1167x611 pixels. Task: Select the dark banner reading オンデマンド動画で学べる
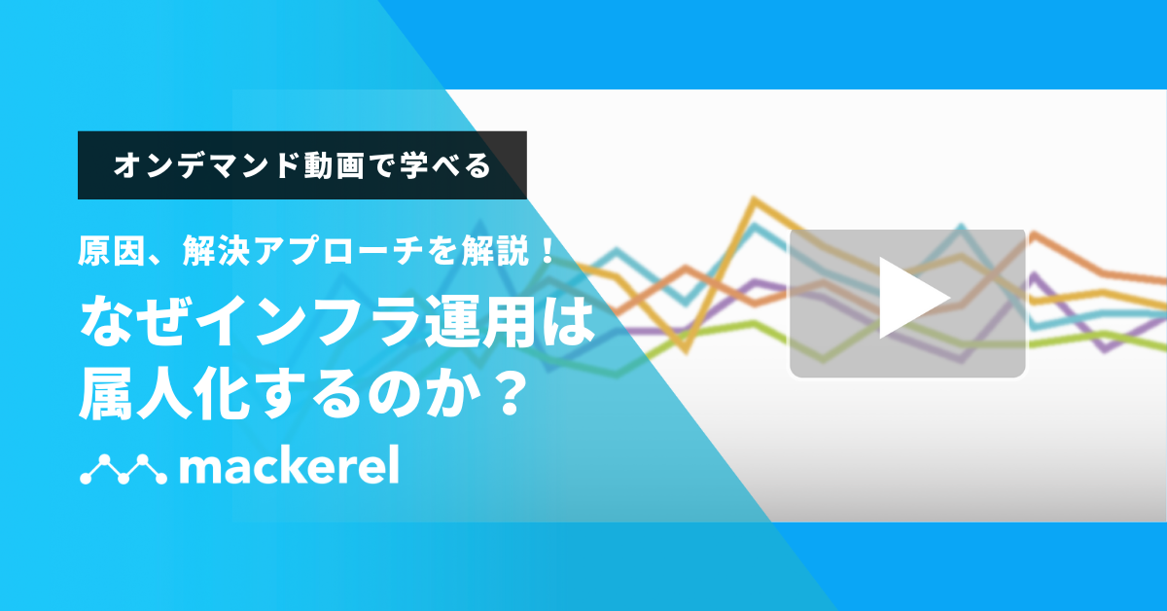(301, 165)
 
